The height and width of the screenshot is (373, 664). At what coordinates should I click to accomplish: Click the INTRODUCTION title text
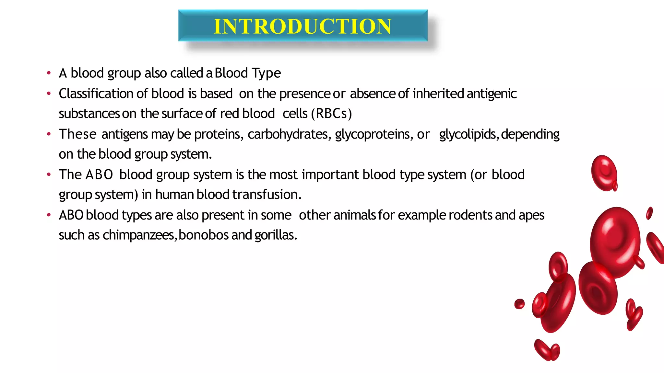click(x=302, y=26)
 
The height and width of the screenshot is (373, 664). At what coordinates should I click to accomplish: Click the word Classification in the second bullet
click(x=96, y=94)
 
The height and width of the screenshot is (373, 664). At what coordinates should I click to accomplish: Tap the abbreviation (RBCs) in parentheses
click(x=331, y=114)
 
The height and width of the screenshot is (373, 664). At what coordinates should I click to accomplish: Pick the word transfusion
click(x=267, y=195)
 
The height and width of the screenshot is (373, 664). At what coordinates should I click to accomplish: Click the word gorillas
click(x=276, y=235)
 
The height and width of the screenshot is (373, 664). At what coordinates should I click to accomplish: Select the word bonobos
click(x=204, y=235)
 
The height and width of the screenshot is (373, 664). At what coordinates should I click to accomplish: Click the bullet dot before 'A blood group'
click(x=49, y=73)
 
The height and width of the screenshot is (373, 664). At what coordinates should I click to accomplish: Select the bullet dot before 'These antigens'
click(x=49, y=134)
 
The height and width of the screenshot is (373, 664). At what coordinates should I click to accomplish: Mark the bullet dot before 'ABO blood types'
click(x=49, y=215)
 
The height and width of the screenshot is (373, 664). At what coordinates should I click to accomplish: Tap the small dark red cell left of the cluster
click(x=519, y=304)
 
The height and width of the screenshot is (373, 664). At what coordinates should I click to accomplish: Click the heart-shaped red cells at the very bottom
click(x=547, y=350)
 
